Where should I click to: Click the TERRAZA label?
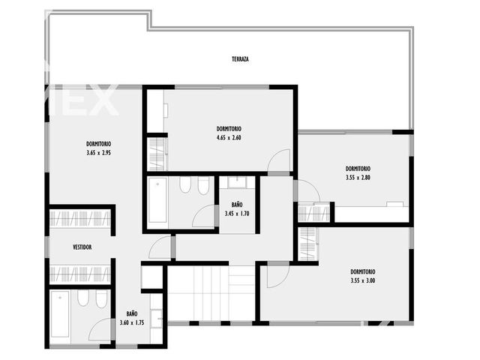tap(240, 59)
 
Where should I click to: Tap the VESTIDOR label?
tap(82, 247)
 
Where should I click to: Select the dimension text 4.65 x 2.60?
tap(229, 138)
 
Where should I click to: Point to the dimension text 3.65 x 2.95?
tap(98, 153)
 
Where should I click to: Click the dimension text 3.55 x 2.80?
tap(358, 178)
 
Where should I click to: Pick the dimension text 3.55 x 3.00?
tap(363, 280)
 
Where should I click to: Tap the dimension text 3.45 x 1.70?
tap(237, 214)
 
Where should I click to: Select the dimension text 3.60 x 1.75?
tap(132, 322)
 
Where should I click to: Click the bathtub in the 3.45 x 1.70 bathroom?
tap(157, 200)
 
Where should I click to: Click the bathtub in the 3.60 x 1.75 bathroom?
tap(60, 314)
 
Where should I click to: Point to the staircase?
tap(211, 293)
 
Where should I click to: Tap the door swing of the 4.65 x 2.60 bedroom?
tap(279, 160)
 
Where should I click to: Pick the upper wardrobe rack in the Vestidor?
tap(80, 218)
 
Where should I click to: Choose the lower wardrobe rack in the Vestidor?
tap(80, 274)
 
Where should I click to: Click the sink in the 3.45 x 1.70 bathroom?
tap(238, 183)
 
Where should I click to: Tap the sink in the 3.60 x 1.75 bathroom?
tap(157, 318)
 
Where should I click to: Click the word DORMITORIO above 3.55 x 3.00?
tap(363, 271)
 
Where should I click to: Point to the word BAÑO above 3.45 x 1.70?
tap(237, 205)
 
